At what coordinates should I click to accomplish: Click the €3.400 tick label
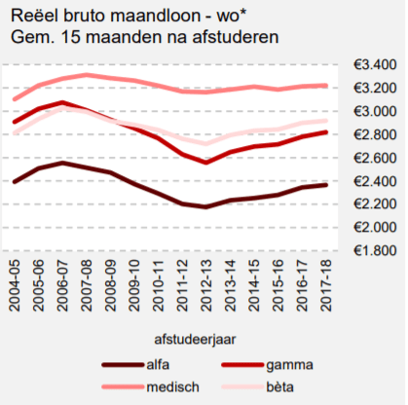tap(375, 65)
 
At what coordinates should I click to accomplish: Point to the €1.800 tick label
tap(375, 251)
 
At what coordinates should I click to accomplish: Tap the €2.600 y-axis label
tap(375, 158)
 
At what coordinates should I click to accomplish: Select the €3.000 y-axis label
tap(375, 111)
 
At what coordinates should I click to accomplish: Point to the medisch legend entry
tap(168, 387)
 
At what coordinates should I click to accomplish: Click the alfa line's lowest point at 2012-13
tap(206, 206)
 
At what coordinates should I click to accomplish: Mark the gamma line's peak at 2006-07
tap(62, 102)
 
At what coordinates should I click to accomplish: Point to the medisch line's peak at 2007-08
tap(87, 75)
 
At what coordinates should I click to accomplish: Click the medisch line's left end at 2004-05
tap(15, 99)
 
